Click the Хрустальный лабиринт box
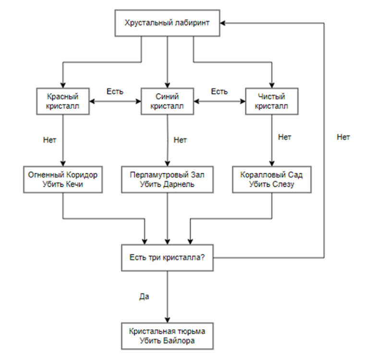tap(167, 23)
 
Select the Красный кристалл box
tap(63, 101)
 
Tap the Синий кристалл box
tap(167, 101)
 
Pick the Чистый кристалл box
tap(272, 101)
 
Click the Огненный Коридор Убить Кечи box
tap(63, 180)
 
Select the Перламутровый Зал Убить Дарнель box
tap(167, 180)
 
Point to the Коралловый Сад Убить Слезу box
tap(272, 180)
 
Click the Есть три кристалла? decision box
tap(167, 257)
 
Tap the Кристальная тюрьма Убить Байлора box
tap(167, 336)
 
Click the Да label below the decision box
tap(144, 296)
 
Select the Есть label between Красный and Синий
tap(115, 91)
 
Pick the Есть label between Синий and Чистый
tap(220, 91)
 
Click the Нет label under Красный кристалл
tap(49, 141)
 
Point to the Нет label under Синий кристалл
tap(180, 141)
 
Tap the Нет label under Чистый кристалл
tap(284, 137)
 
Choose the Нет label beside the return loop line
tap(343, 137)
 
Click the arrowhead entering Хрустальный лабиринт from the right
tap(224, 23)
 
